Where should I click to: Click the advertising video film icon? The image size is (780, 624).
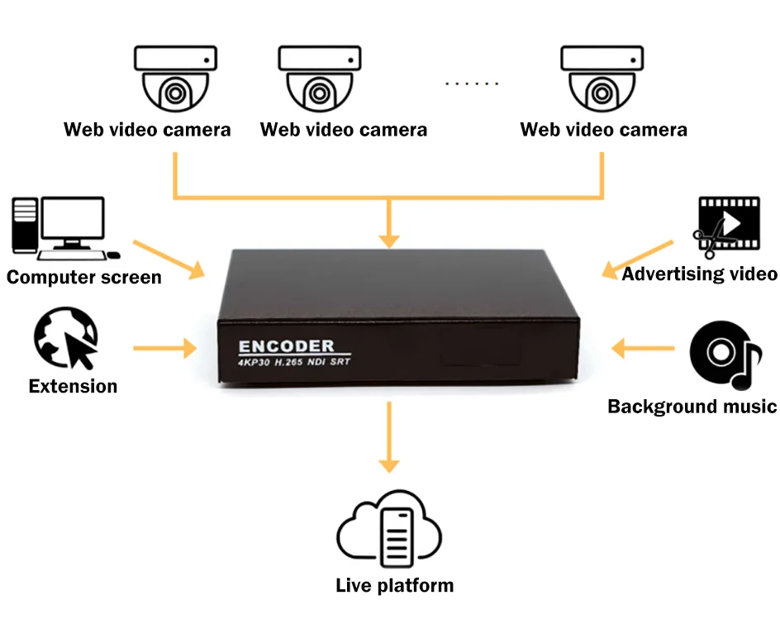pyautogui.click(x=728, y=225)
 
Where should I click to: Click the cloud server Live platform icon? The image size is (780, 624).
pyautogui.click(x=388, y=533)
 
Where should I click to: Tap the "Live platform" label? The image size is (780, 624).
pyautogui.click(x=394, y=585)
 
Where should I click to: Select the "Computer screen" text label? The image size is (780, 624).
pyautogui.click(x=84, y=276)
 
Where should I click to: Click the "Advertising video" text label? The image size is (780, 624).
pyautogui.click(x=699, y=274)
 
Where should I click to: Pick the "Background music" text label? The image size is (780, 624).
pyautogui.click(x=692, y=406)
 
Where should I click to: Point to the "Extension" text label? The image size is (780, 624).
pyautogui.click(x=73, y=386)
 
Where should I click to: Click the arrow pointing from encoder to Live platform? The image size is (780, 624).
pyautogui.click(x=388, y=439)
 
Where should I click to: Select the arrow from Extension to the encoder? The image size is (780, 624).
pyautogui.click(x=165, y=347)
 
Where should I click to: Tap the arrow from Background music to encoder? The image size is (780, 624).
pyautogui.click(x=644, y=347)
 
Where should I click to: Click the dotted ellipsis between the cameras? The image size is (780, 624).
pyautogui.click(x=472, y=83)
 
